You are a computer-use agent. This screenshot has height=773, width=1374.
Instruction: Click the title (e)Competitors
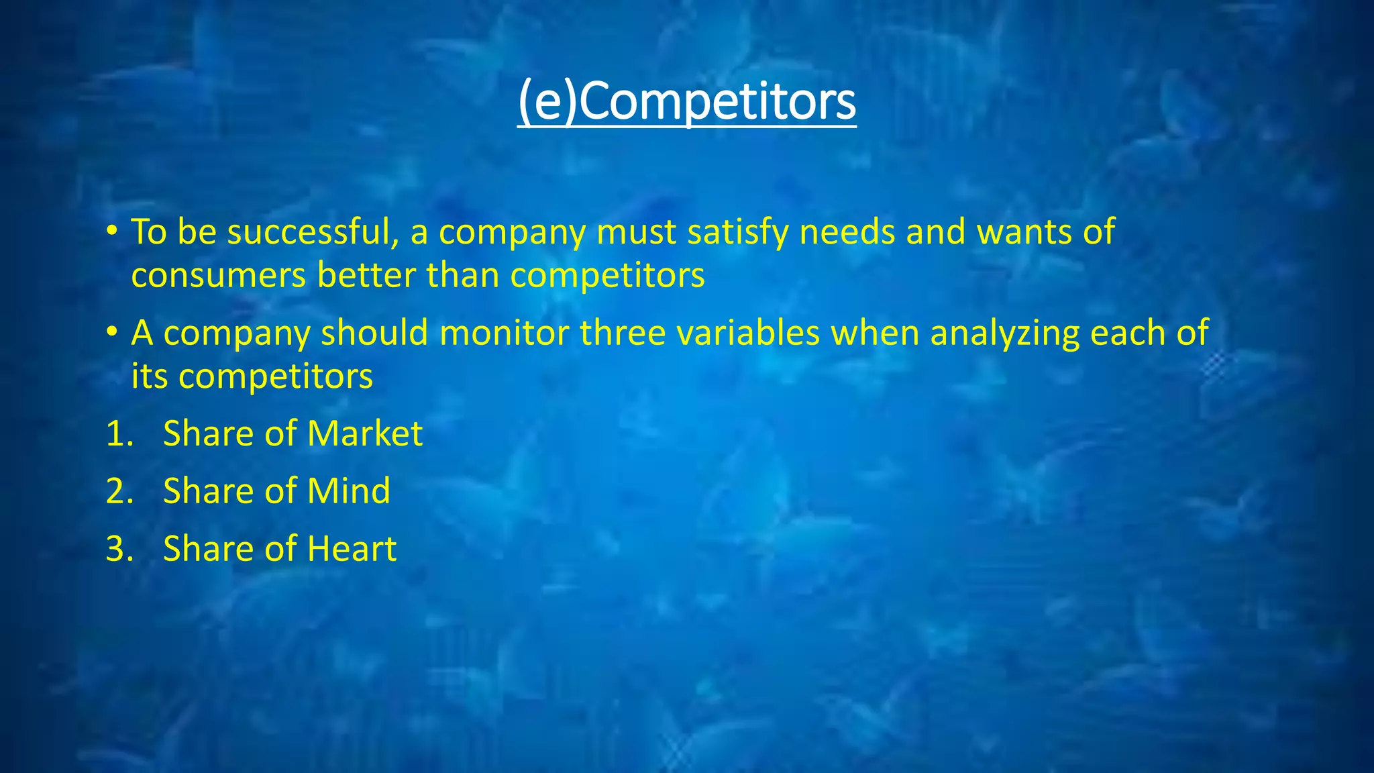tap(687, 102)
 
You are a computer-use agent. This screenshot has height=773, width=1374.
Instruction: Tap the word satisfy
tap(738, 232)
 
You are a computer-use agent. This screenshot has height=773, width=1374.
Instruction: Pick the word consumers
tap(219, 276)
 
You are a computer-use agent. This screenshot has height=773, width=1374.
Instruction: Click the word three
tap(623, 333)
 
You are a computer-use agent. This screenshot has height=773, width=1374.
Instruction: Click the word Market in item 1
tap(365, 433)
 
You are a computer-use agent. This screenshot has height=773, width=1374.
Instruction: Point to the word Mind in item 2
tap(349, 491)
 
